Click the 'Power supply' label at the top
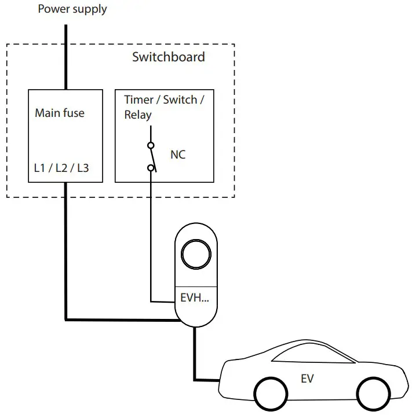tap(72, 9)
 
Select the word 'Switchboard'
tap(168, 57)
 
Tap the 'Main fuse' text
tap(59, 113)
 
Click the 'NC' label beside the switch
tap(178, 155)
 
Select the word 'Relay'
tap(138, 115)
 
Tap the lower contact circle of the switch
tap(151, 168)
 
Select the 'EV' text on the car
tap(307, 379)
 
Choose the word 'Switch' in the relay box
tap(180, 100)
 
